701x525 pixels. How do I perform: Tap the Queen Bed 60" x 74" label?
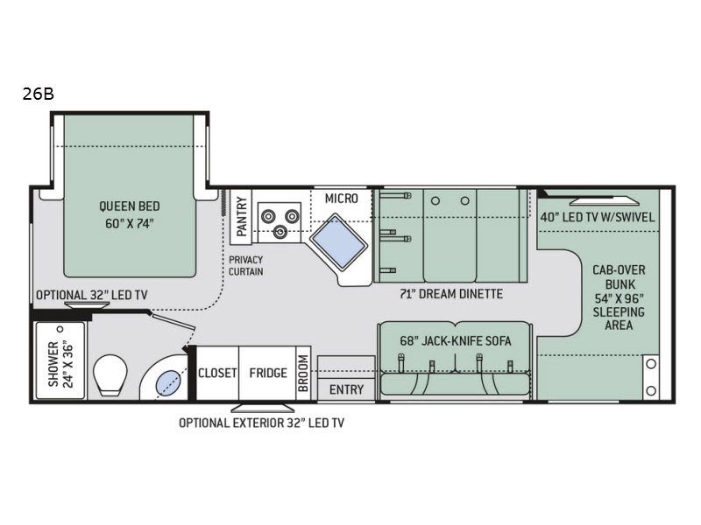click(x=129, y=214)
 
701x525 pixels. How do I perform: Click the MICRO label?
click(x=341, y=199)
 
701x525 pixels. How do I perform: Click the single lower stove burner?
click(x=280, y=232)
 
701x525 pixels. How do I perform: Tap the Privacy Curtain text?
click(x=246, y=266)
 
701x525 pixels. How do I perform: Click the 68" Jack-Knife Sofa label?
click(x=455, y=340)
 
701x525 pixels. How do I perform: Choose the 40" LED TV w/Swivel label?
click(x=597, y=217)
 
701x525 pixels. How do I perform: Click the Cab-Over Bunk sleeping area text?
click(x=618, y=298)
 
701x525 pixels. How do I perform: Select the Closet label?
click(x=216, y=373)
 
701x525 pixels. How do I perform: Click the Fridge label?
click(x=267, y=373)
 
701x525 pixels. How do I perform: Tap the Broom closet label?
click(x=302, y=373)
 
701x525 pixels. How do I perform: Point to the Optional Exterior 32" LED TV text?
click(x=261, y=423)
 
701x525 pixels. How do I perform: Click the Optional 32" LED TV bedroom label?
click(x=91, y=295)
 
